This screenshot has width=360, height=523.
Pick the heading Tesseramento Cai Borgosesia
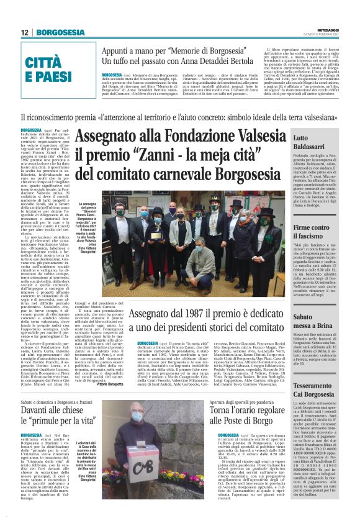pyautogui.click(x=327, y=389)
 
